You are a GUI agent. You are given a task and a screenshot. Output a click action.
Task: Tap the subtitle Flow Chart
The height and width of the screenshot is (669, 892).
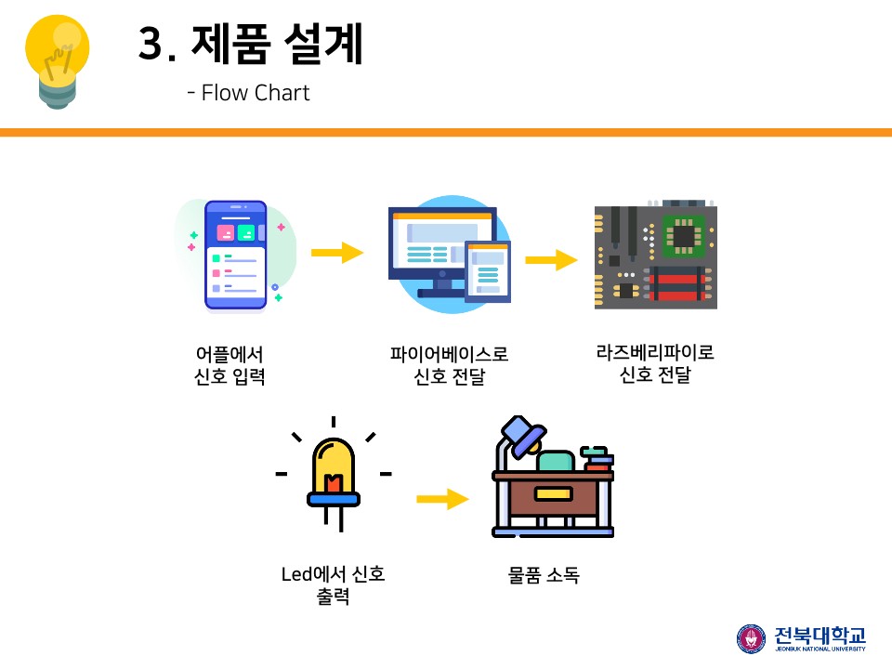point(248,93)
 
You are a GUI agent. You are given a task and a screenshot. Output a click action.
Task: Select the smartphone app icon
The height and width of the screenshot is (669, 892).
point(235,254)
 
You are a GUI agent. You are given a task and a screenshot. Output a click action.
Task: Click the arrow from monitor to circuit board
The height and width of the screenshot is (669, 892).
point(551,260)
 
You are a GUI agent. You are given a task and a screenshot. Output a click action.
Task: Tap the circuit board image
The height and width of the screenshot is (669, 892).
point(655,257)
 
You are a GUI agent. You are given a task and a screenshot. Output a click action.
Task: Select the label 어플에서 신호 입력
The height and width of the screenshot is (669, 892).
point(230,365)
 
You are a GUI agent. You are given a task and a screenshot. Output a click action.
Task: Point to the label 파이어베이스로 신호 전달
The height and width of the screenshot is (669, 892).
point(450,365)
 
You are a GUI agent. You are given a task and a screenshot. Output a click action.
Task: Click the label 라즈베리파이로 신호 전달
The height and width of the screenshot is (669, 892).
point(655,363)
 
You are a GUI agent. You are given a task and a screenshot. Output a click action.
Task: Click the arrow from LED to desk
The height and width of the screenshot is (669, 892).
point(442,499)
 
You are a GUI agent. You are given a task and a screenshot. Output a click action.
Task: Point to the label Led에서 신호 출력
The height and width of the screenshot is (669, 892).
point(333,584)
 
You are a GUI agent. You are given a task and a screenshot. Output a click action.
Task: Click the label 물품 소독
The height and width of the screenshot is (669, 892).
point(544,575)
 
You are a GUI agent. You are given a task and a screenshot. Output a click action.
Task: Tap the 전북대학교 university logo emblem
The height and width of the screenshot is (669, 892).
point(752,638)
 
